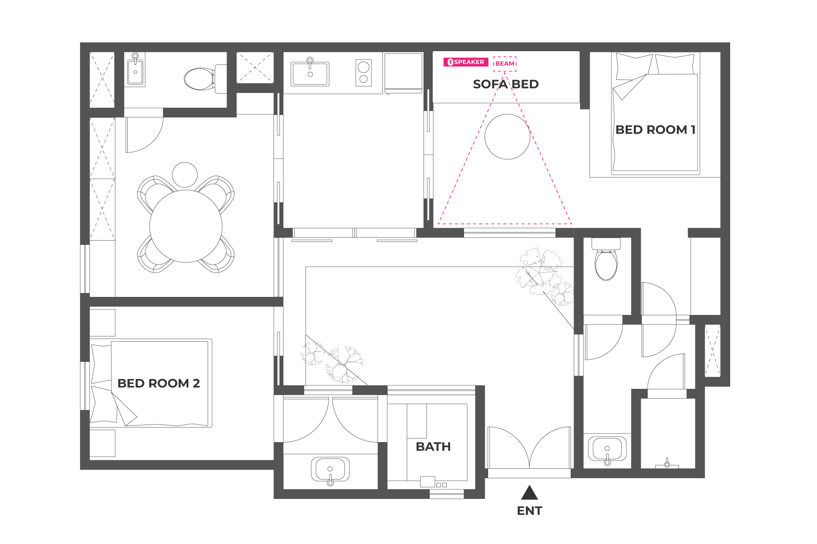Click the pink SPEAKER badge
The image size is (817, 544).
[x=466, y=62]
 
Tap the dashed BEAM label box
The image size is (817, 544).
[x=505, y=64]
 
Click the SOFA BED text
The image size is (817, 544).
[x=506, y=84]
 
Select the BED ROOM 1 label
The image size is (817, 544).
[x=655, y=130]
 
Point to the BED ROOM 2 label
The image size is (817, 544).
[x=159, y=383]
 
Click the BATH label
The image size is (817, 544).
[x=433, y=447]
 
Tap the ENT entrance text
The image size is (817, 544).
[x=529, y=511]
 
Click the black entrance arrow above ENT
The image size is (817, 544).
[x=529, y=492]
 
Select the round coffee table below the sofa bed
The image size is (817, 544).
[x=507, y=137]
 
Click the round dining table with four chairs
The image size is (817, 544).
[x=186, y=226]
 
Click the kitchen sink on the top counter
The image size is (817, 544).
[x=310, y=73]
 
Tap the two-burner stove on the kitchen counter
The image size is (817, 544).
[x=364, y=73]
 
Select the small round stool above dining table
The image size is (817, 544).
[x=185, y=175]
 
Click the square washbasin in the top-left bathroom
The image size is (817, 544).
[x=135, y=71]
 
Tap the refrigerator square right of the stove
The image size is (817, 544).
[x=403, y=73]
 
